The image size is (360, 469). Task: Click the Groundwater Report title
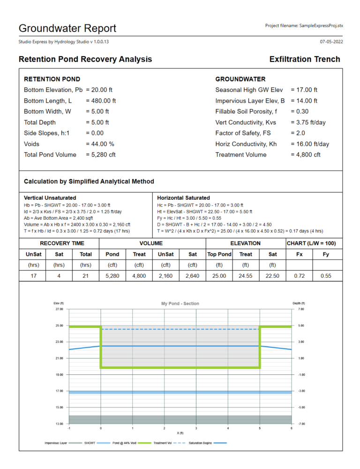click(67, 28)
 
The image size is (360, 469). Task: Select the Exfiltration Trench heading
click(305, 59)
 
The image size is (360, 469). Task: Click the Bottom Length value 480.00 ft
click(101, 101)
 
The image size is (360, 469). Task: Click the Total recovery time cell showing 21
click(86, 276)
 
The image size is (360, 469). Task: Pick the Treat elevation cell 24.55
click(246, 276)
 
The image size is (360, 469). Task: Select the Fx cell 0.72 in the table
click(300, 276)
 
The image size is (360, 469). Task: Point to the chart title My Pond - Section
click(180, 304)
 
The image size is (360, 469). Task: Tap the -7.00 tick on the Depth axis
click(301, 424)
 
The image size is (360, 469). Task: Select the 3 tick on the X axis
click(196, 428)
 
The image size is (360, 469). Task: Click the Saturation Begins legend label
click(201, 442)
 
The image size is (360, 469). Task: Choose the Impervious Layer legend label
click(57, 442)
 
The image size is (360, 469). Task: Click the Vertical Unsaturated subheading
click(50, 198)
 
